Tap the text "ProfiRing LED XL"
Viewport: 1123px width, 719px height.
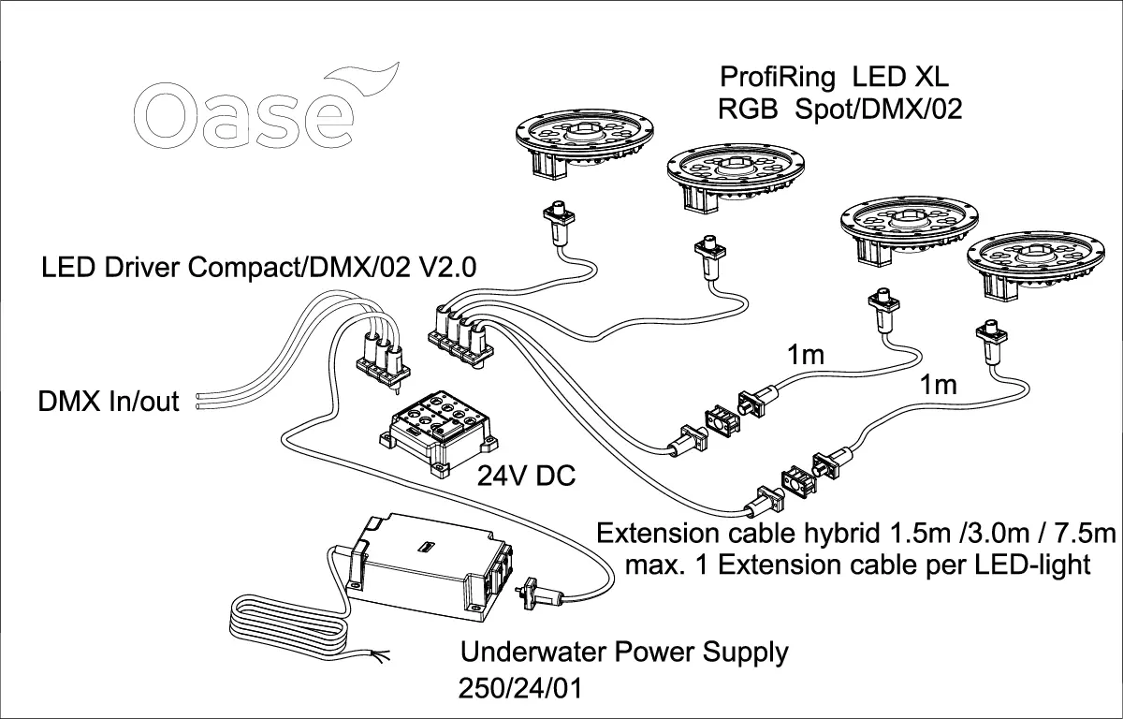[836, 75]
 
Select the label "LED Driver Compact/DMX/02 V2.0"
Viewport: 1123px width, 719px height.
[260, 267]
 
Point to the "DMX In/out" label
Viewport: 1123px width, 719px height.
[109, 404]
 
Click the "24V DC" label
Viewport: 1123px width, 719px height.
[526, 477]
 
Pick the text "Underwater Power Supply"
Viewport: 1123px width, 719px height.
[624, 652]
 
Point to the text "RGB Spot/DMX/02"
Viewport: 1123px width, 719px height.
[839, 110]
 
